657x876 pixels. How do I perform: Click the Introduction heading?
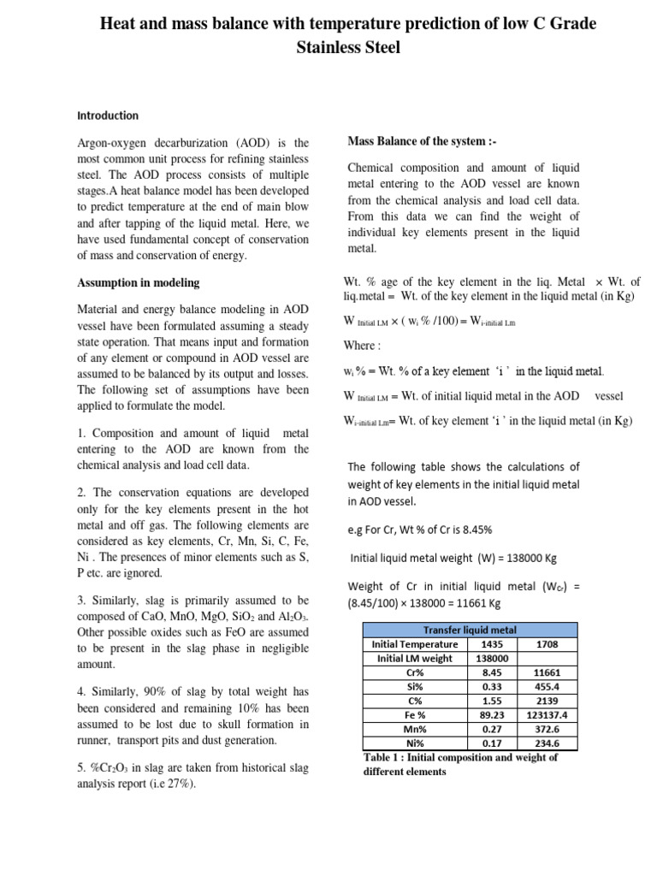[x=108, y=115]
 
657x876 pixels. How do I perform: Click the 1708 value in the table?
[x=546, y=644]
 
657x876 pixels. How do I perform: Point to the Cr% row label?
[x=414, y=672]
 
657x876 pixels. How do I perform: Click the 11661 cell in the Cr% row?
[x=546, y=672]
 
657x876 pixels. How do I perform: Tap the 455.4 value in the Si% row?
[x=546, y=686]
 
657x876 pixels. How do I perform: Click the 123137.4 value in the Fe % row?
[x=546, y=715]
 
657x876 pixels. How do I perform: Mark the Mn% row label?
[x=414, y=729]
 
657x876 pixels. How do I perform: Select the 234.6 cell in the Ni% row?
[x=546, y=743]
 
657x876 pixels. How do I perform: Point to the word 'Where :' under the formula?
[x=359, y=346]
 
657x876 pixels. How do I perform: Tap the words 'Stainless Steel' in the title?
[x=348, y=48]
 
